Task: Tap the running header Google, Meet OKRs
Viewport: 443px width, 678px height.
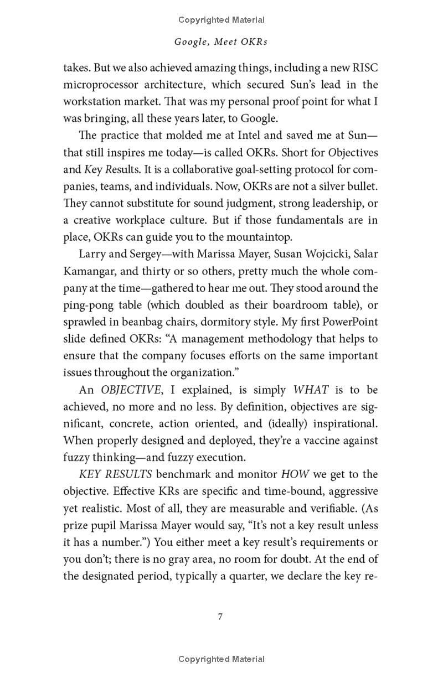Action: [221, 42]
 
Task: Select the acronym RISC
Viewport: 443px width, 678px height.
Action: [364, 68]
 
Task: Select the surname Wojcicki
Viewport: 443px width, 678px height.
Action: [318, 254]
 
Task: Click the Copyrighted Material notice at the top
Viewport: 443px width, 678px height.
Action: [221, 20]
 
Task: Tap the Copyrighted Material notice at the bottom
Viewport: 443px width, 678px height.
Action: [221, 659]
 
